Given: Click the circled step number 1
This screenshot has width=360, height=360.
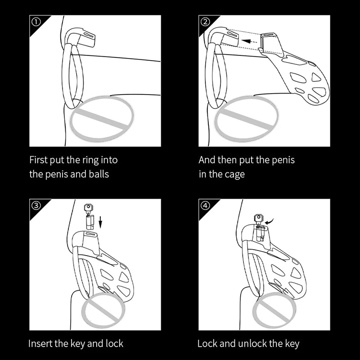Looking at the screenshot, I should [36, 22].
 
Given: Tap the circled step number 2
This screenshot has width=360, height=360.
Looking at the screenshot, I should [205, 22].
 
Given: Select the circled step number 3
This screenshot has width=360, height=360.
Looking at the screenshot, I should [36, 205].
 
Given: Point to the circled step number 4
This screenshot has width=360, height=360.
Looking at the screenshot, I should [205, 205].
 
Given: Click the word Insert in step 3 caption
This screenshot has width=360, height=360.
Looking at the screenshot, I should [41, 344].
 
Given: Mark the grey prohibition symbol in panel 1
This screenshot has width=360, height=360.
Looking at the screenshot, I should [103, 117].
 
